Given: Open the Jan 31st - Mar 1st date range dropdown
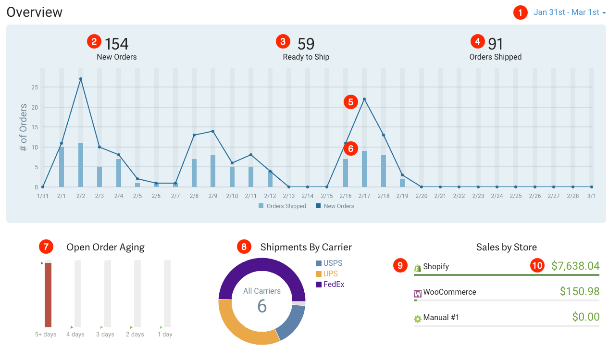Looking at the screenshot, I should pos(569,12).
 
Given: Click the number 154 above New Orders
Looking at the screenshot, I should pos(117,44).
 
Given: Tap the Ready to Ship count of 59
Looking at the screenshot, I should pos(306,44).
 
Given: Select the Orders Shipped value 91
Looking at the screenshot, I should pos(496,44).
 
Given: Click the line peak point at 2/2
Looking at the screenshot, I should pos(81,79).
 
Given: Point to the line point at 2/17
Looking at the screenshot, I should pos(364,99).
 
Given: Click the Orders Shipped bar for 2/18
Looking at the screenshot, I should pos(384,171).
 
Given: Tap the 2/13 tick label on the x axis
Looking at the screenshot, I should pos(289,196).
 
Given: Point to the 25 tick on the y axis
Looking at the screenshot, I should pos(34,87).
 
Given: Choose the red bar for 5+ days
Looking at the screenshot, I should pos(48,295).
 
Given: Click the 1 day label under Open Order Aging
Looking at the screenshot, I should pos(165,335).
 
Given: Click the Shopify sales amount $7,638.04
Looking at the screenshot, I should pos(575,266).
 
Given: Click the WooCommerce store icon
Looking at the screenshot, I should pos(418,293).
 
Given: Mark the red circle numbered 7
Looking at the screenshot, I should pos(46,247).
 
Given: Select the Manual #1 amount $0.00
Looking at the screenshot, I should pos(586,317).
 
